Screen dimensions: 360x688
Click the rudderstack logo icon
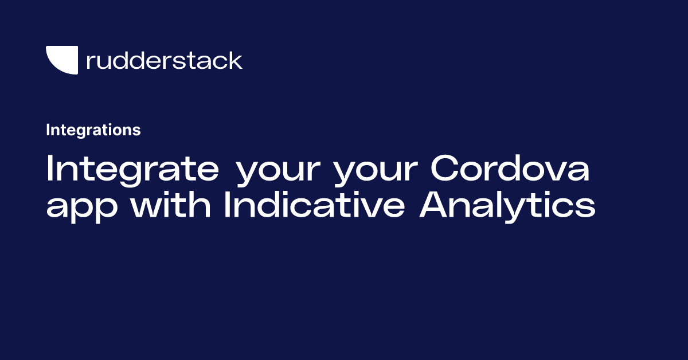point(61,60)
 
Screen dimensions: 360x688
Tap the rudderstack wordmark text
point(164,60)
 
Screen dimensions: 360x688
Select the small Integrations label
point(93,130)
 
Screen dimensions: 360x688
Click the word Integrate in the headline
point(132,169)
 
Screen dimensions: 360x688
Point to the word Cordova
point(510,169)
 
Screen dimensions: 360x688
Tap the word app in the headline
point(82,208)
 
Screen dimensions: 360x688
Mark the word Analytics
point(507,205)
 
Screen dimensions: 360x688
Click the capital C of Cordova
point(445,169)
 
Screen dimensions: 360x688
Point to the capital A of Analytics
point(434,205)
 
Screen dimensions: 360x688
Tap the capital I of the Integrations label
point(48,130)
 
